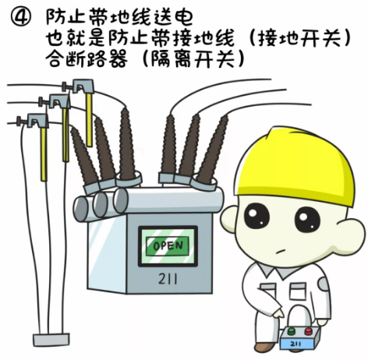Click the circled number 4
pos(20,17)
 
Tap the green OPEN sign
pos(168,245)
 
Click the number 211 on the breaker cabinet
pos(168,279)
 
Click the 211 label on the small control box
pos(295,344)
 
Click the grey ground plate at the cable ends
pos(51,339)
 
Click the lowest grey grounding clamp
pos(34,121)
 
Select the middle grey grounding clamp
pos(56,101)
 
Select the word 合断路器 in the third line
pos(87,58)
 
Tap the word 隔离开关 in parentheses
pos(193,58)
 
